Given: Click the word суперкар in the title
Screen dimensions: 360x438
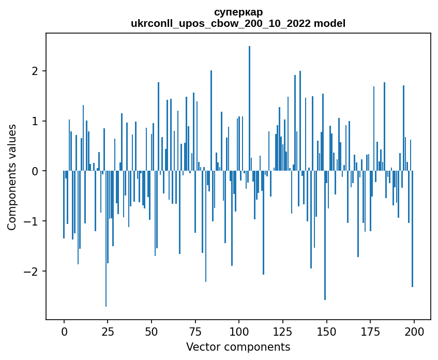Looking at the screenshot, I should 238,12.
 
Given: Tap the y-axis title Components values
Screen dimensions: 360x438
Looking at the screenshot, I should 12,177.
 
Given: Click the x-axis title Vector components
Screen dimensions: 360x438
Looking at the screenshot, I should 238,347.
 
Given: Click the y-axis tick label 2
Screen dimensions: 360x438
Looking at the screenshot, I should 35,71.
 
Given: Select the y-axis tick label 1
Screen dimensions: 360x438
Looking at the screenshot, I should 35,121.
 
